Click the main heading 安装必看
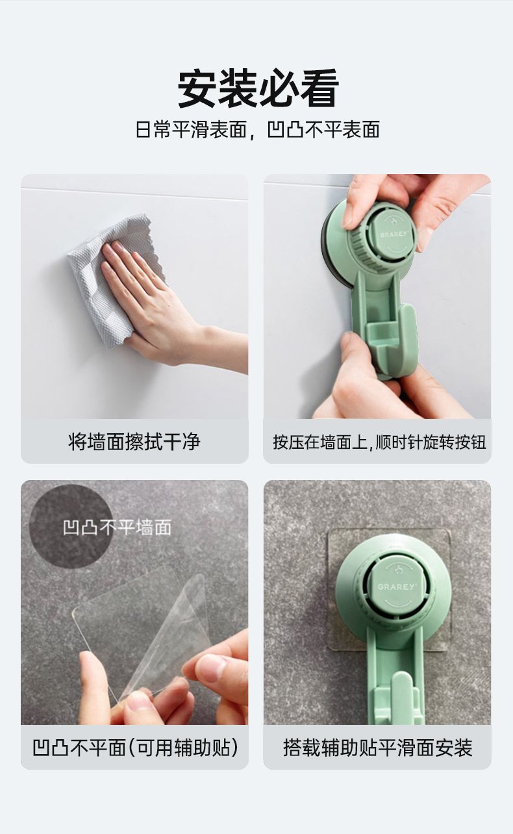(258, 88)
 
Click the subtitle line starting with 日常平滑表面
(258, 129)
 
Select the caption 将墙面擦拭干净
(134, 442)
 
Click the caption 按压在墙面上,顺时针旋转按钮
(379, 442)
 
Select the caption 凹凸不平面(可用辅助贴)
(135, 747)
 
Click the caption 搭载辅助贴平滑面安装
(377, 747)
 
